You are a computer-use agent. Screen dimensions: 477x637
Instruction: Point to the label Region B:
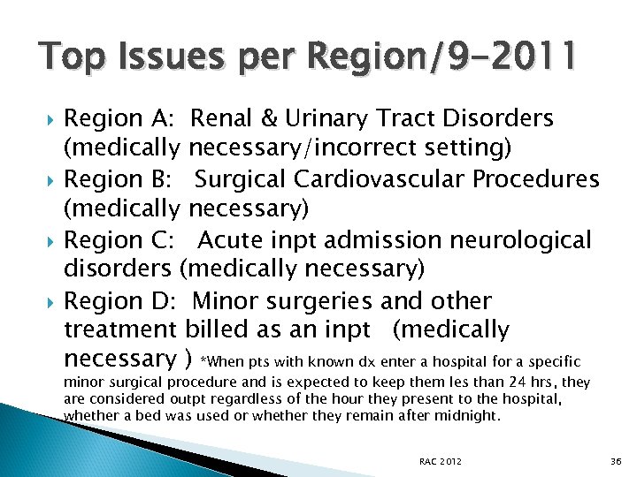tap(123, 179)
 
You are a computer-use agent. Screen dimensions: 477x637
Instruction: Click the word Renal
tap(224, 118)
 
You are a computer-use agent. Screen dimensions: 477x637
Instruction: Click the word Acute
tap(231, 240)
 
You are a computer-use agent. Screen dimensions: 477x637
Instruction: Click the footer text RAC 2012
tap(441, 462)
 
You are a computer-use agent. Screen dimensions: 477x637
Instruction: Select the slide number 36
tap(617, 462)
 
